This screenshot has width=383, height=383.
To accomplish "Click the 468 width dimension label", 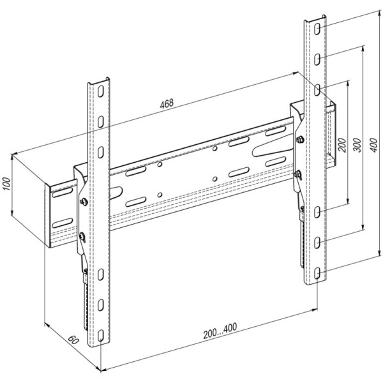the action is click(167, 103).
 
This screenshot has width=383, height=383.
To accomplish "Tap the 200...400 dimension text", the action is click(220, 331).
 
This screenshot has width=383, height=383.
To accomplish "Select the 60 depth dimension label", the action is click(73, 340).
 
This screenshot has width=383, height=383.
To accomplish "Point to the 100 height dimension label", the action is click(6, 184).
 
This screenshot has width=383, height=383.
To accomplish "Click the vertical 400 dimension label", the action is click(373, 145).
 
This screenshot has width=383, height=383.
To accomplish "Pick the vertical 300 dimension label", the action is click(358, 145).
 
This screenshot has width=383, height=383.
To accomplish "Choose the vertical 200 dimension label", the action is click(342, 145).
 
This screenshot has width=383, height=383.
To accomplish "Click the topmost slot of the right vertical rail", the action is click(317, 29).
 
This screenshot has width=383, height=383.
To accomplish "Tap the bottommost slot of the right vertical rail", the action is click(317, 273).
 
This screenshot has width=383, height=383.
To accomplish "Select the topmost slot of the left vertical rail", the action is click(101, 91).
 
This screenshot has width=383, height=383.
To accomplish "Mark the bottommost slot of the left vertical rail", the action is click(101, 336).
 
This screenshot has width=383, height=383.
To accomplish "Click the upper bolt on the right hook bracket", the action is click(299, 140).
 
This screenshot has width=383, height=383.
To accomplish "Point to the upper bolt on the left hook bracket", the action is click(84, 202).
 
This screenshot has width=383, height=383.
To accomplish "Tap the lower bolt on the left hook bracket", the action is click(82, 236).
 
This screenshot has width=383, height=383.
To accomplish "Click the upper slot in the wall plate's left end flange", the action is click(63, 193).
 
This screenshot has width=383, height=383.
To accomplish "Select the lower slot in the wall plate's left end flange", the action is click(63, 223).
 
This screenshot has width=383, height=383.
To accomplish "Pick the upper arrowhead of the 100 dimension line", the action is click(11, 157).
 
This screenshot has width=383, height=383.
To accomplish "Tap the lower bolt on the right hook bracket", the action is click(297, 174).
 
